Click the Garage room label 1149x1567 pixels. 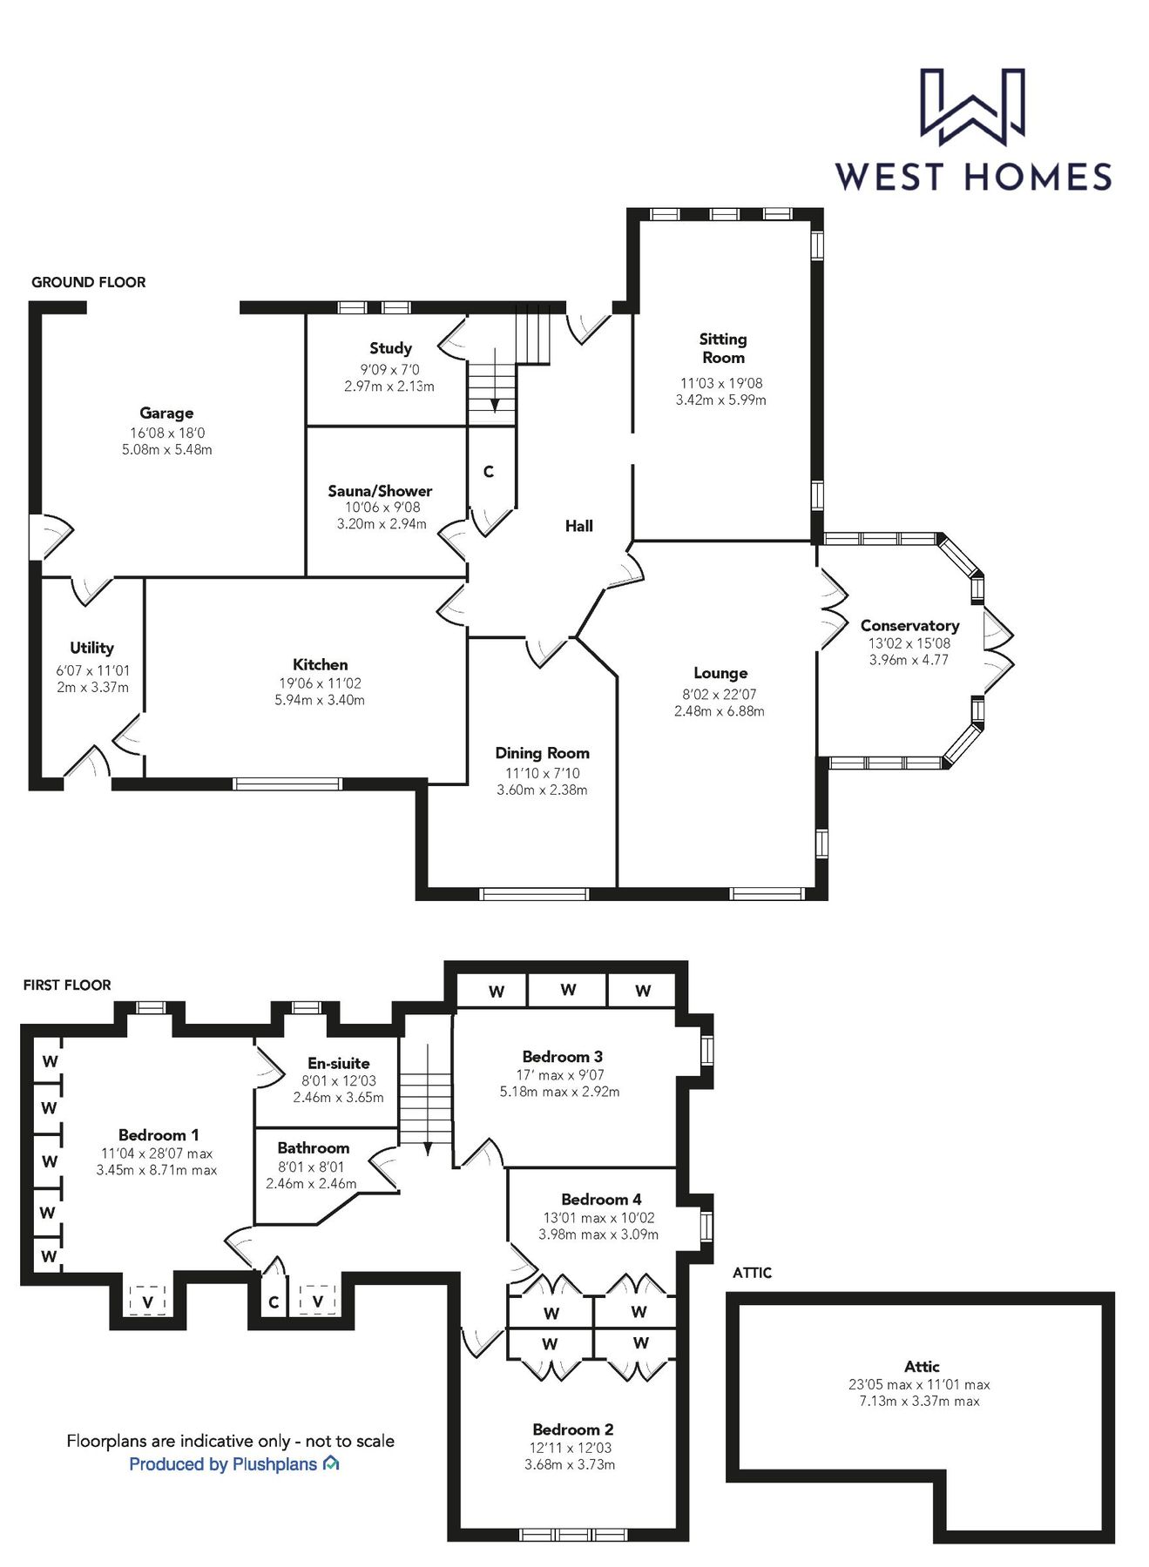166,413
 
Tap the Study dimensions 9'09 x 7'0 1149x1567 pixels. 389,369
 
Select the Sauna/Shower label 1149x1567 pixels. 380,491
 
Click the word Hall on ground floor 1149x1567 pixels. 578,526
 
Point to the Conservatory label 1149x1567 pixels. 909,625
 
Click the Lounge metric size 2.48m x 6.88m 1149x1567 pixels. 719,711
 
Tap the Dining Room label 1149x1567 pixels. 542,753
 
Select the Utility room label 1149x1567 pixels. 91,648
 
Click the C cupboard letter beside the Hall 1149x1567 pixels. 489,472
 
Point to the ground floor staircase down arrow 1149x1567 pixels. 494,404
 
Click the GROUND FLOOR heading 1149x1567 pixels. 88,282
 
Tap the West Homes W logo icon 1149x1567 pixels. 972,106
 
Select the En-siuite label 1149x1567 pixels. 338,1063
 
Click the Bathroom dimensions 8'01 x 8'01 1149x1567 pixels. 311,1167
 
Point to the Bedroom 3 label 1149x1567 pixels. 562,1057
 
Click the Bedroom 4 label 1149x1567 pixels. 601,1200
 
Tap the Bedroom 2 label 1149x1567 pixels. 572,1429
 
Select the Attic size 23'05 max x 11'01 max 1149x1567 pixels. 919,1384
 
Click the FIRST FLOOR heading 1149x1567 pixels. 67,985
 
